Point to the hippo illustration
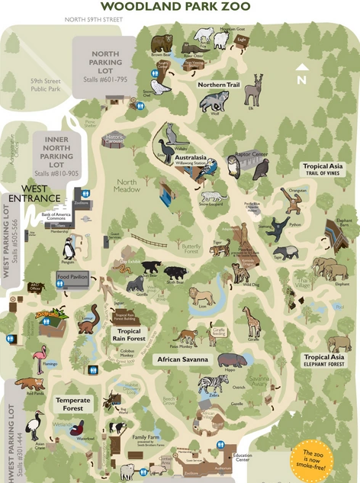(227, 359)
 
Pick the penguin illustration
(69, 248)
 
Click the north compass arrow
(301, 76)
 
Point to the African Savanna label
(185, 359)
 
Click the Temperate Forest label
(72, 404)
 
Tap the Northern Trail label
(219, 85)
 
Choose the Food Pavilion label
(73, 277)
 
